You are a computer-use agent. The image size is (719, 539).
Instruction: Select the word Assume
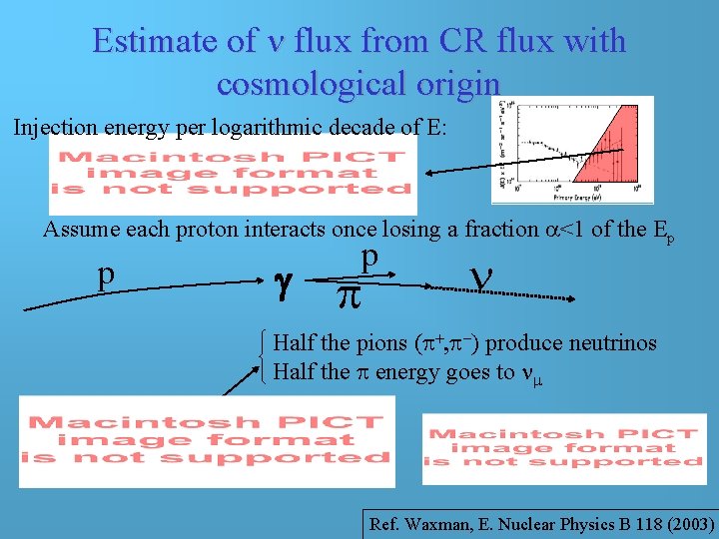[78, 229]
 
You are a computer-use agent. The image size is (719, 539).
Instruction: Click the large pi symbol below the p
[347, 295]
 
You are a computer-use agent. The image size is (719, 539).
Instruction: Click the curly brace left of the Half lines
[263, 357]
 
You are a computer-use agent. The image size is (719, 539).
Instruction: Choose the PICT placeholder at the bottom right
[564, 447]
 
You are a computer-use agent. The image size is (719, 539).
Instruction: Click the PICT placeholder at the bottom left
[208, 440]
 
